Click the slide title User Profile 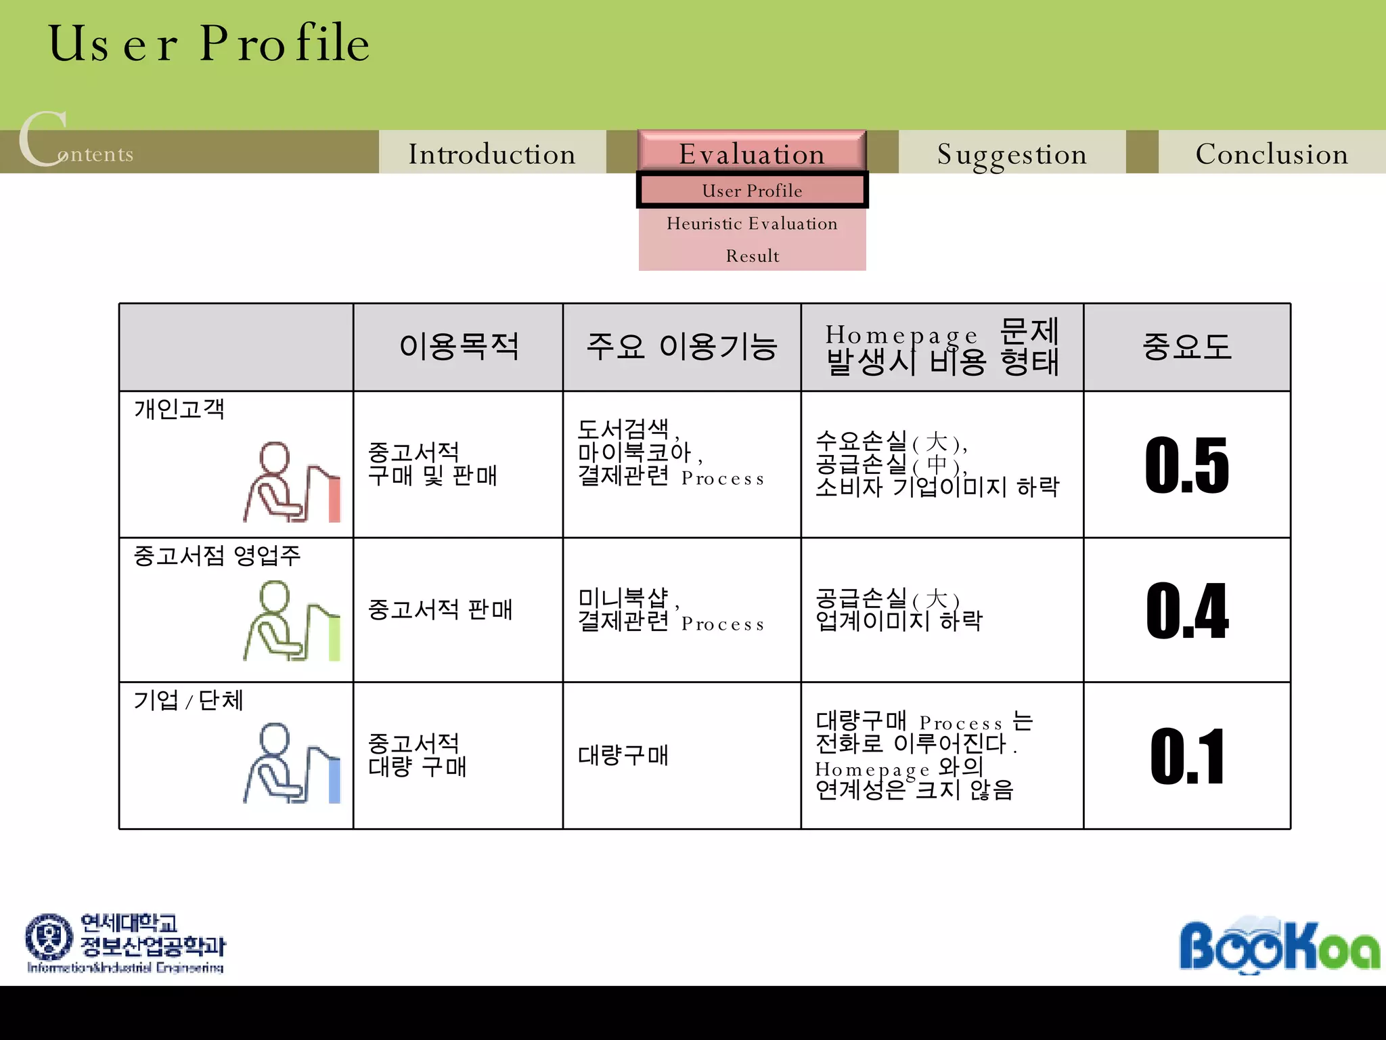(x=208, y=43)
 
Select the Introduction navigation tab (x=492, y=154)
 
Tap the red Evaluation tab (x=752, y=153)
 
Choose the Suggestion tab (x=1012, y=154)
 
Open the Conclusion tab (x=1272, y=154)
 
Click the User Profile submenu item (x=752, y=191)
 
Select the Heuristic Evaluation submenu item (x=752, y=223)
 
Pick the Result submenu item (x=752, y=256)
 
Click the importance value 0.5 (x=1187, y=465)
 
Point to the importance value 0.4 (x=1187, y=611)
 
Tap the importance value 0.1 (x=1187, y=756)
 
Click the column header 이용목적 (x=458, y=347)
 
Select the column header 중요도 (x=1187, y=347)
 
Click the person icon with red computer (x=292, y=482)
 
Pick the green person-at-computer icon (x=292, y=621)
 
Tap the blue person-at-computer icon (x=292, y=763)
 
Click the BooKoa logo (x=1279, y=945)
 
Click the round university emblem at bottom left (x=49, y=937)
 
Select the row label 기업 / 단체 (x=188, y=700)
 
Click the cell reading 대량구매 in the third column (x=623, y=755)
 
